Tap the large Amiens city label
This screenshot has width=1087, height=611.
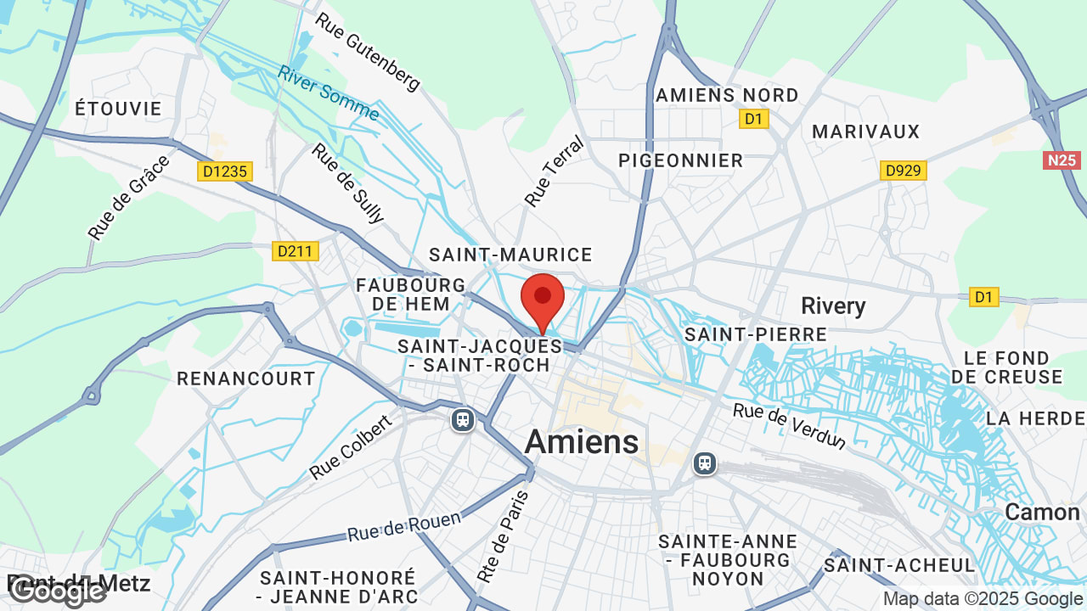click(582, 441)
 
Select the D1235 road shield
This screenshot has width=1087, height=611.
click(225, 171)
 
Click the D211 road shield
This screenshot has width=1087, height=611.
click(296, 251)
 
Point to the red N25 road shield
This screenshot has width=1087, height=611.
click(1062, 160)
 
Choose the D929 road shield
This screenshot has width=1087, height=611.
click(903, 171)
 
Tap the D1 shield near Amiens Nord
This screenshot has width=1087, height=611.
click(753, 119)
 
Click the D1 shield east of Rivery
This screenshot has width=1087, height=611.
click(983, 297)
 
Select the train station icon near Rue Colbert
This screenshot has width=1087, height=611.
click(463, 420)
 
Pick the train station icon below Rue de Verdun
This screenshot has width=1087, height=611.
click(704, 462)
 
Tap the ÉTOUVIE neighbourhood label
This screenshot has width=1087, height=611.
click(118, 109)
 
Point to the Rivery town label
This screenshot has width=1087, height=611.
click(833, 305)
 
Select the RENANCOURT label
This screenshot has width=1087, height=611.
click(246, 378)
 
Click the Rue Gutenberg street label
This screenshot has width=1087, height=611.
click(368, 51)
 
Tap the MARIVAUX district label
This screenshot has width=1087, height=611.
click(866, 132)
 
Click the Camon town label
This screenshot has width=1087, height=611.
click(1042, 512)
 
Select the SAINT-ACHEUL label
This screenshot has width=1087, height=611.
click(899, 564)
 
